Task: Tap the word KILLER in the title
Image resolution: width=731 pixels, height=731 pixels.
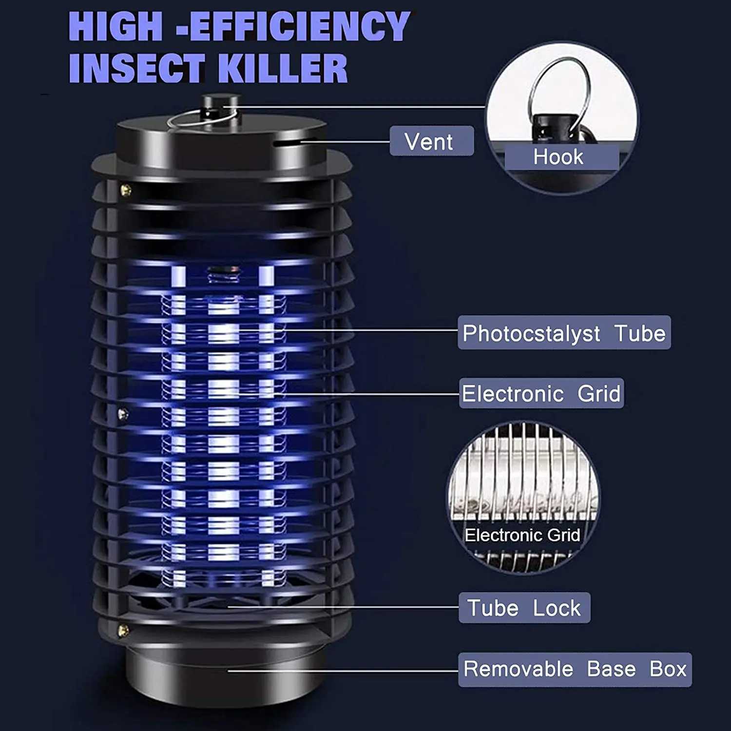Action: (282, 68)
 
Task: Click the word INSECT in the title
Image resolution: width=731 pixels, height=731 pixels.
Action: (137, 68)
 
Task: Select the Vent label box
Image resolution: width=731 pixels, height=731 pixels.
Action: (431, 141)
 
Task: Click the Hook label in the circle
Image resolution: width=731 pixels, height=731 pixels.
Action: (558, 157)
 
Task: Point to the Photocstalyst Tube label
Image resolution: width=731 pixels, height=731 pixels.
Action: (564, 333)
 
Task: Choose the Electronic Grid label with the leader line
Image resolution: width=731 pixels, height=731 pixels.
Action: (541, 393)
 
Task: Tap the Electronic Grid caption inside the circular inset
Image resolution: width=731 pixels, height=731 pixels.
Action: (522, 535)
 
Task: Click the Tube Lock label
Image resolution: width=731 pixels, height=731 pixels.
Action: (524, 608)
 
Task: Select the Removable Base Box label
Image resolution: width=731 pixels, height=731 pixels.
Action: (575, 669)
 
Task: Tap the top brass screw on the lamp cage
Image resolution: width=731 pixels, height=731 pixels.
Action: (126, 190)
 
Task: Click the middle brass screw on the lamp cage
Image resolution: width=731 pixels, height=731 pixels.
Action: (123, 414)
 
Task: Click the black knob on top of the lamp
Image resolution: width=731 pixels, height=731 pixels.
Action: (220, 110)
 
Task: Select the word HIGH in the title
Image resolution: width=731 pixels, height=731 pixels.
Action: (115, 26)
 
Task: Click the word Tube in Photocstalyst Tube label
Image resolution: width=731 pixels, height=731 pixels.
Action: (640, 333)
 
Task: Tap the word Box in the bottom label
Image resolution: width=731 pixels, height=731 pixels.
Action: (668, 669)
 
